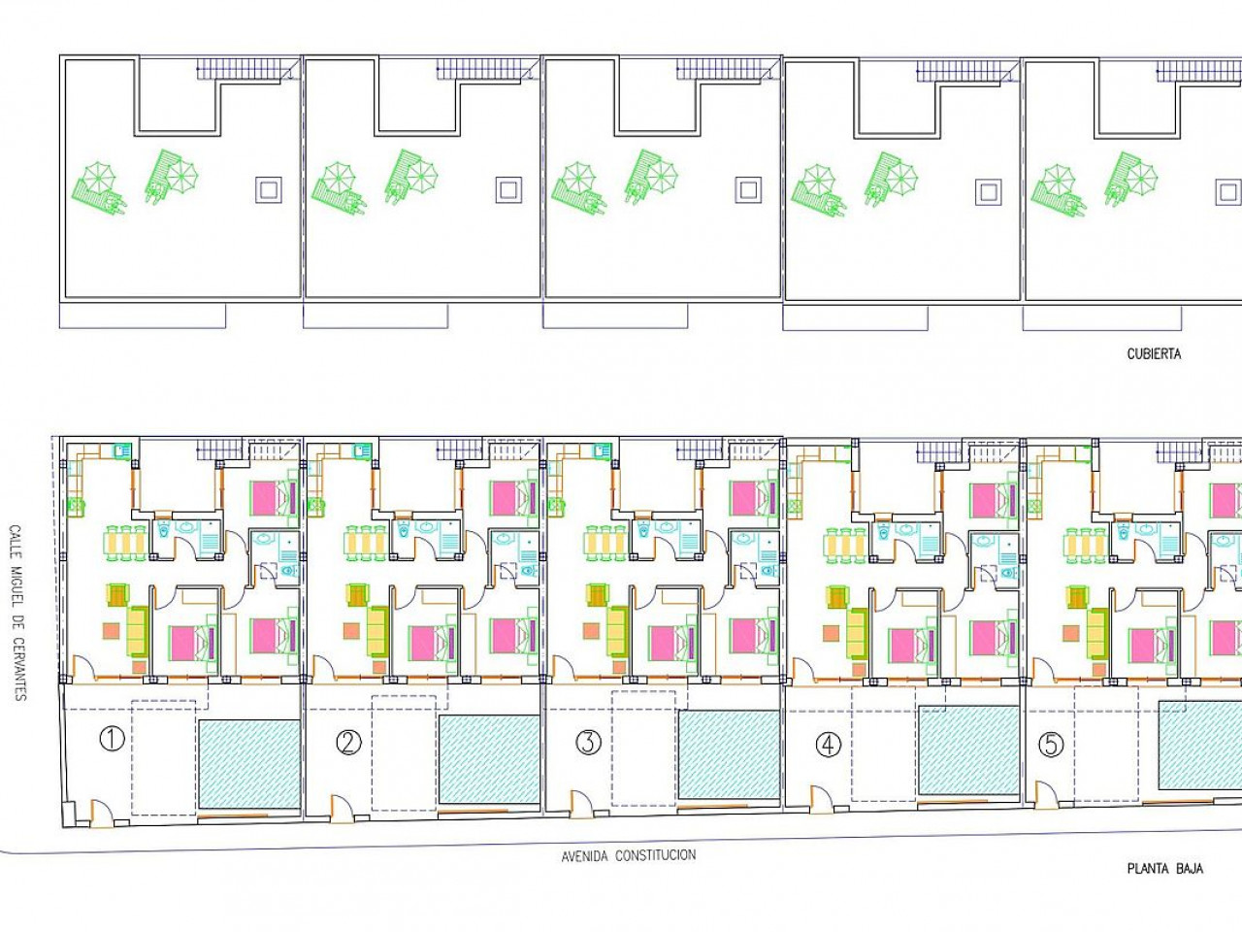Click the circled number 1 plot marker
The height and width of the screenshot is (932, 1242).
(x=112, y=739)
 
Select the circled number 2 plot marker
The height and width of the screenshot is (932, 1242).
(x=348, y=743)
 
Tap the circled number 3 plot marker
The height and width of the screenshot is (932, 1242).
(x=588, y=743)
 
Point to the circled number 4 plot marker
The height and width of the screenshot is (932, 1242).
(x=829, y=745)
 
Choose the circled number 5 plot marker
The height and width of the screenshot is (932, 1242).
(x=1051, y=745)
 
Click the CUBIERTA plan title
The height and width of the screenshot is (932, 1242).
(x=1154, y=354)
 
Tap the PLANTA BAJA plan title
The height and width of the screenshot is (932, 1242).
(x=1165, y=869)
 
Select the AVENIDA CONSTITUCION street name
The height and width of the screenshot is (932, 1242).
(x=629, y=855)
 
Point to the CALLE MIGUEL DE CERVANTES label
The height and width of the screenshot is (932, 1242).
(x=16, y=613)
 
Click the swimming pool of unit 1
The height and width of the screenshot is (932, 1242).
(x=249, y=764)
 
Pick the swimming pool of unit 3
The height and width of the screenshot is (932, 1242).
(x=730, y=755)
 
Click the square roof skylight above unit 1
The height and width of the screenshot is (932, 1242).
(x=269, y=189)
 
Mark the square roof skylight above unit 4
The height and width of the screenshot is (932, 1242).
(x=989, y=192)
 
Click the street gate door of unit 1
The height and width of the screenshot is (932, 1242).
(x=101, y=813)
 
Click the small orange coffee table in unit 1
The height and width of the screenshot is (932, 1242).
(x=111, y=631)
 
